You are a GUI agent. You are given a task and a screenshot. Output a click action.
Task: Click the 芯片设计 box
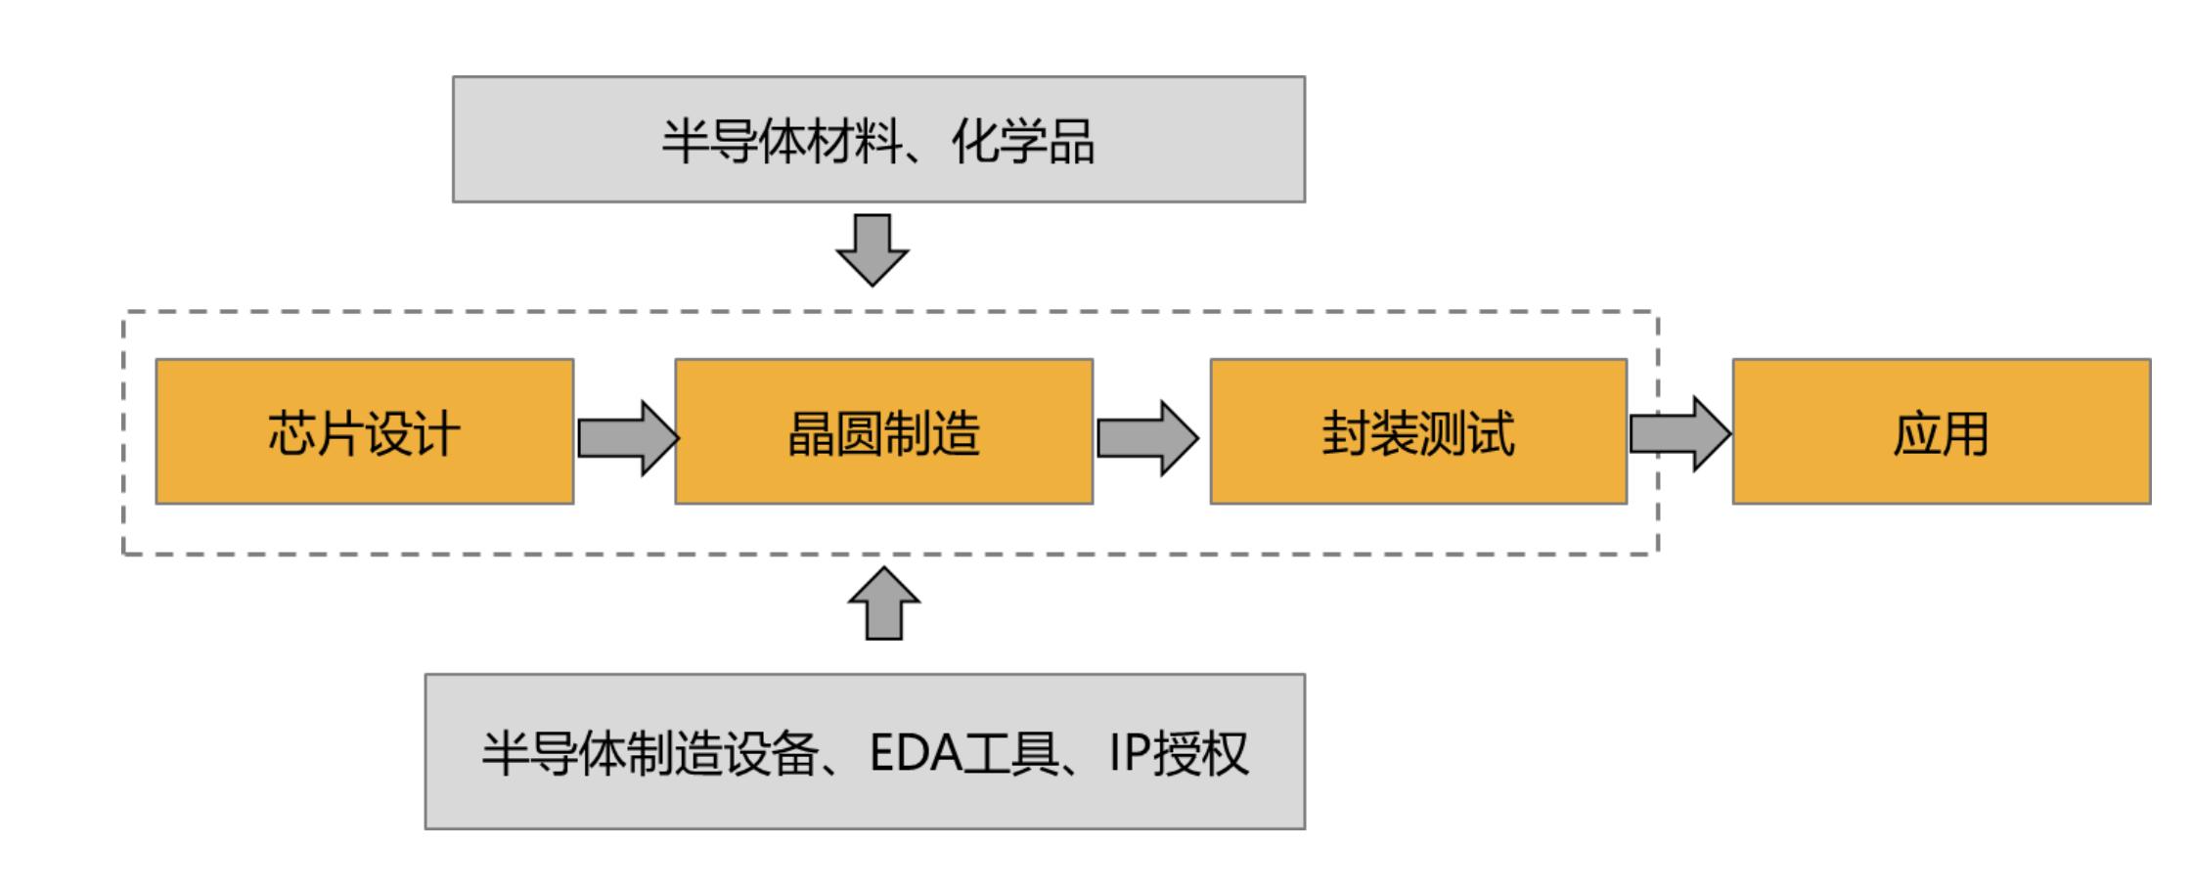(x=364, y=431)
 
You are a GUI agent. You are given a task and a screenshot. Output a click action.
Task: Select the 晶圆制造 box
(x=883, y=431)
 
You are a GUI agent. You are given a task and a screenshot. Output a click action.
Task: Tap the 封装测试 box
(x=1418, y=431)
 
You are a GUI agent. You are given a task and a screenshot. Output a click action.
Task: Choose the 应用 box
(x=1941, y=431)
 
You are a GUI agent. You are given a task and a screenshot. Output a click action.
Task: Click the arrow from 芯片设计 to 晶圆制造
(x=626, y=437)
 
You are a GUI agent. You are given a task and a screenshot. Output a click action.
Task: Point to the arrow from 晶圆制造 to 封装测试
(x=1145, y=437)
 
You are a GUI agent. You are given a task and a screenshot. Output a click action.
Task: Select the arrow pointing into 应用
(x=1678, y=433)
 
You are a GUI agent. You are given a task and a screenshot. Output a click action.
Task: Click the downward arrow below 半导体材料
(x=872, y=249)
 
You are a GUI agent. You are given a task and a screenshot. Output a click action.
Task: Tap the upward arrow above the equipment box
(x=884, y=603)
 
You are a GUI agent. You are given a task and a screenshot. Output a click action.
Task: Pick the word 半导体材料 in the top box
(x=782, y=141)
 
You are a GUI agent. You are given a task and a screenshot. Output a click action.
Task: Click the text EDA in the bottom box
(x=916, y=753)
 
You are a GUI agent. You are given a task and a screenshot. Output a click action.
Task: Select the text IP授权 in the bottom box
(x=1178, y=753)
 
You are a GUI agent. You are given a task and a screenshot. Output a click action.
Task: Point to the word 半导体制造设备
(x=649, y=753)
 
